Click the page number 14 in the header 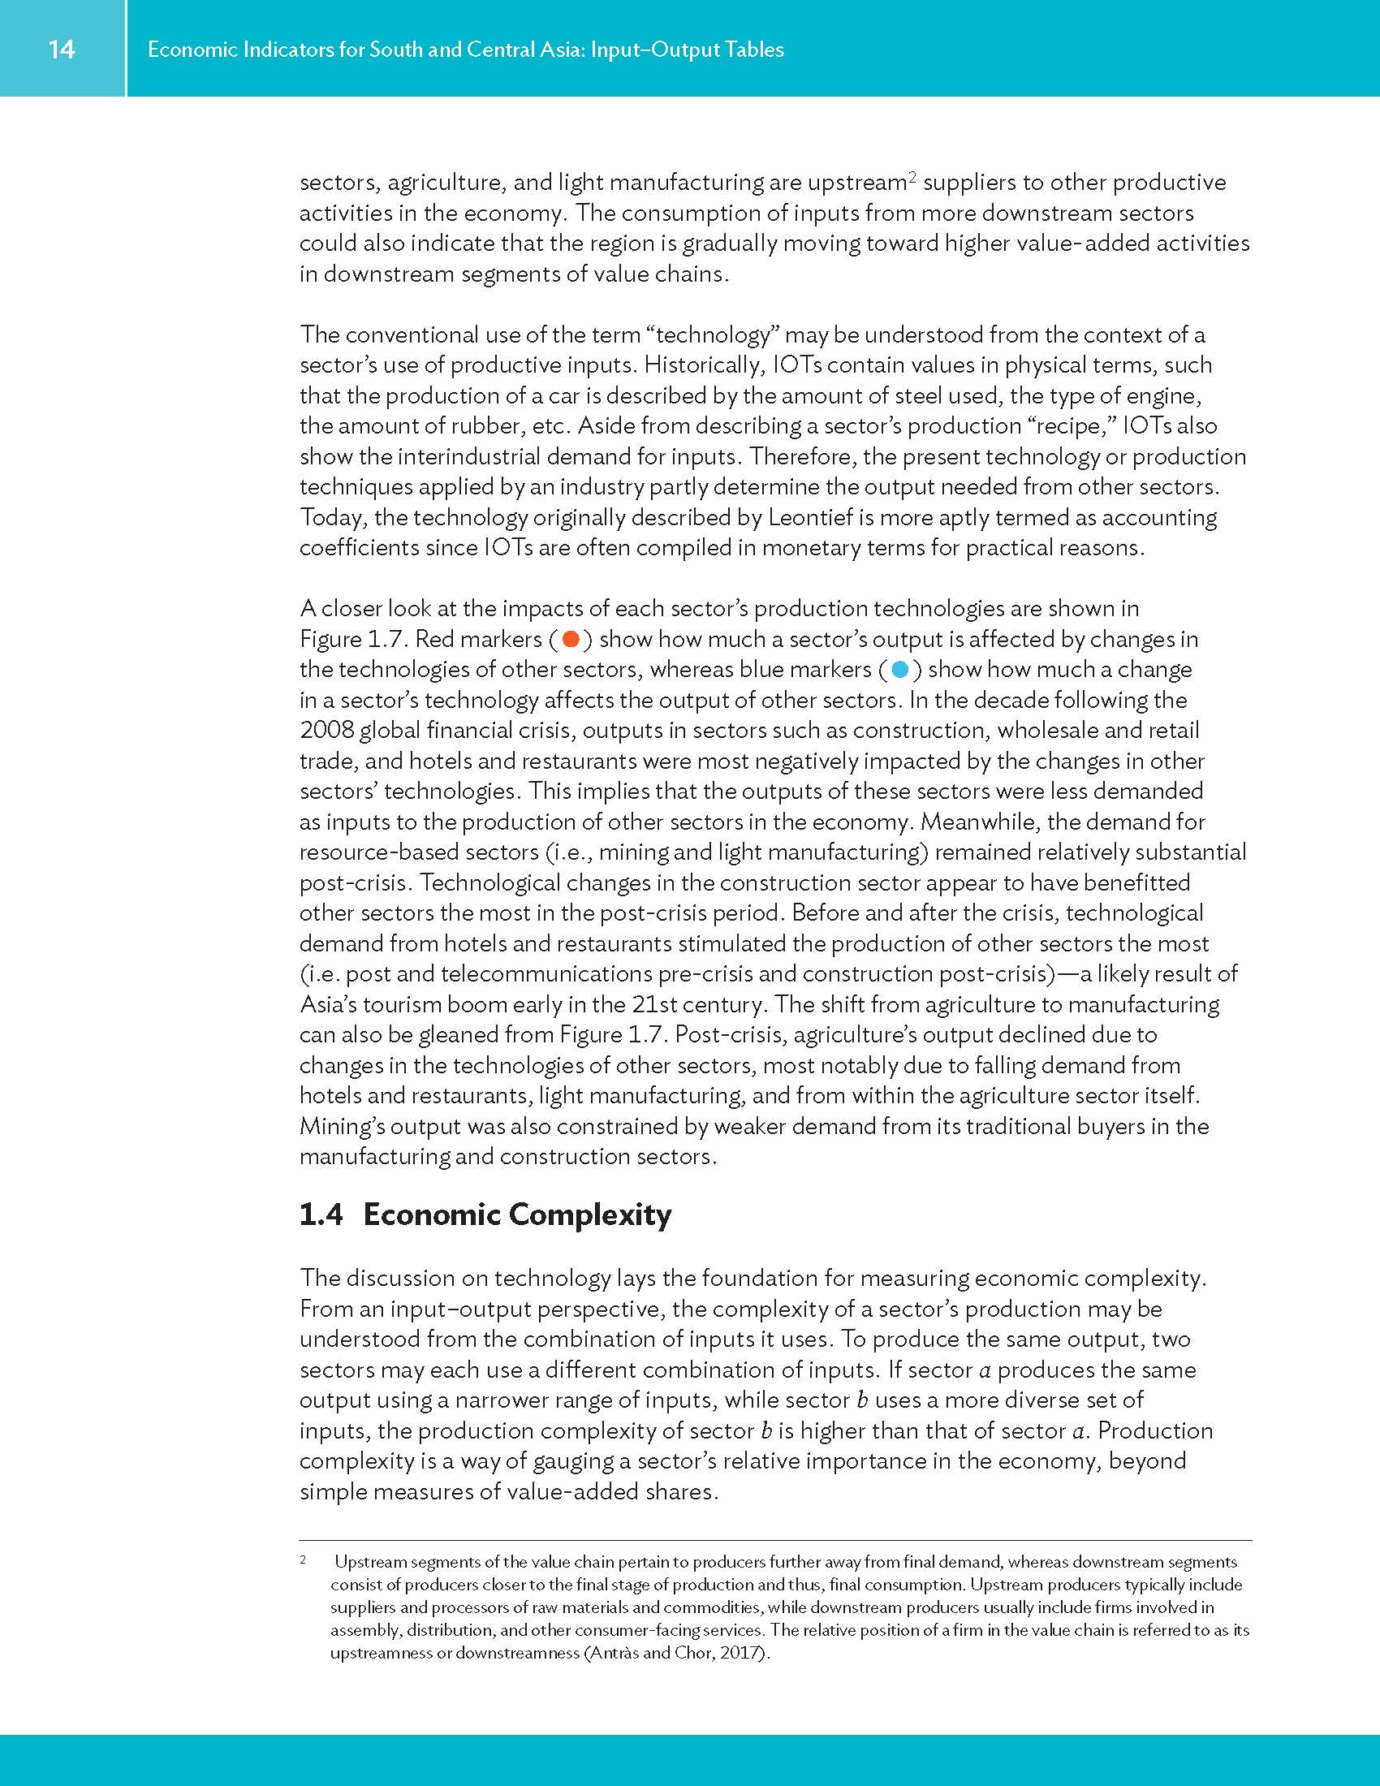click(62, 49)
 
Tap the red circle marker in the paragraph click(571, 639)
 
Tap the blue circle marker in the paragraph click(900, 670)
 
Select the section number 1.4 click(321, 1214)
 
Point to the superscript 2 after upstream click(912, 177)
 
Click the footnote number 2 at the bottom click(304, 1560)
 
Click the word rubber click(481, 426)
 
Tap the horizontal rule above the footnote click(775, 1540)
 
